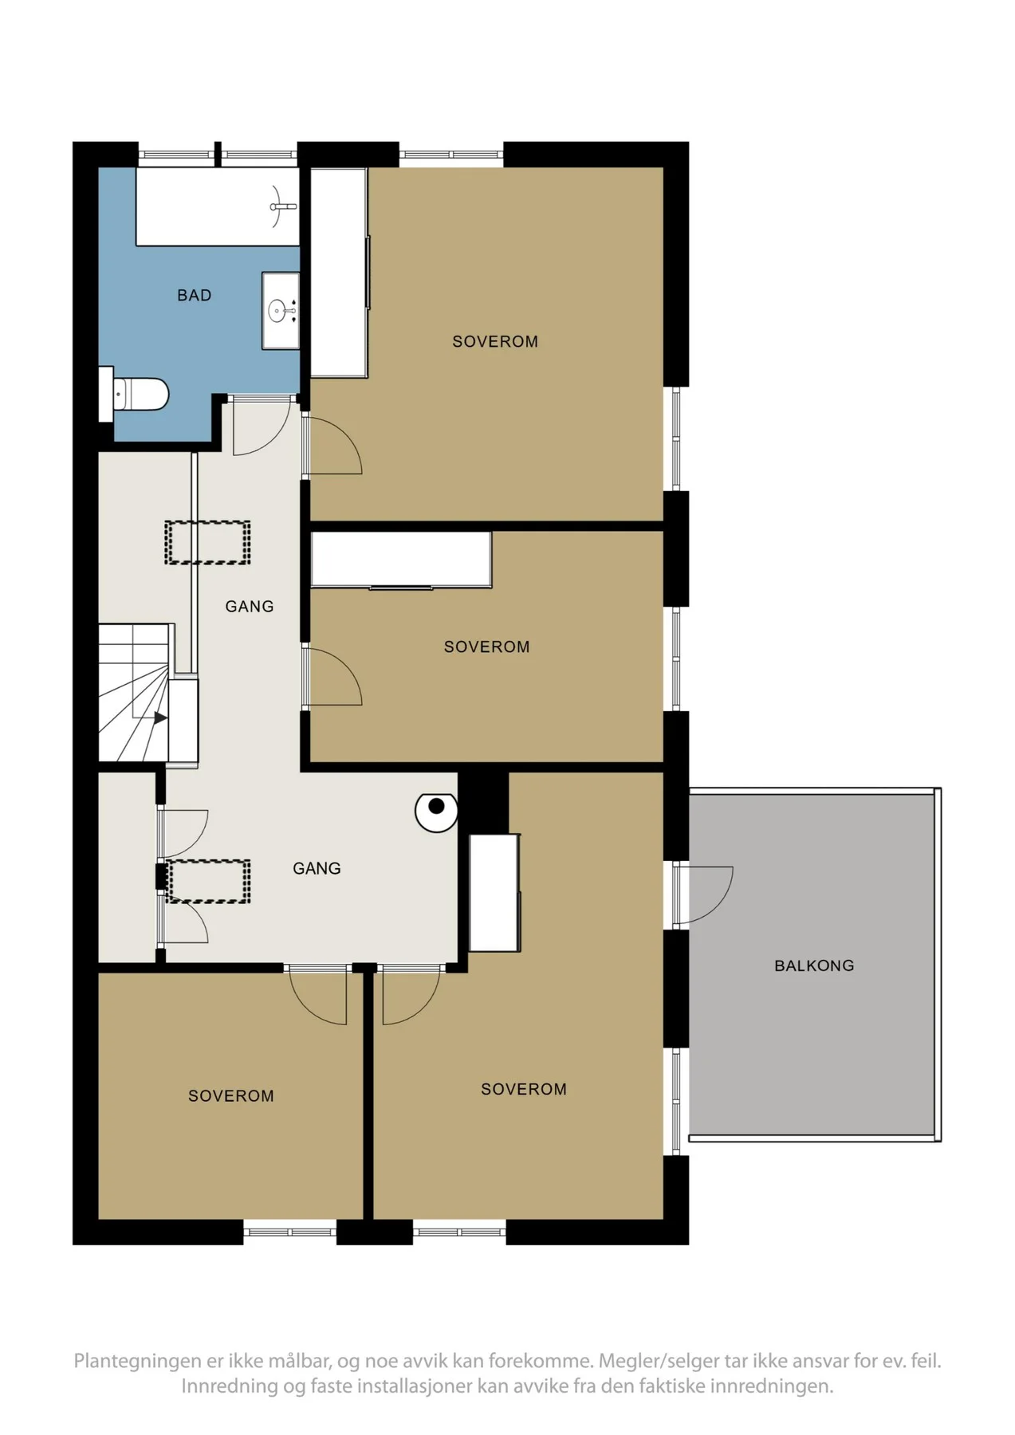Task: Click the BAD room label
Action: [194, 296]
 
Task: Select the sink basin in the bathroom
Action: [279, 310]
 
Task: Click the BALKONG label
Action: [814, 965]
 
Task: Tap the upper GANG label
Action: [250, 607]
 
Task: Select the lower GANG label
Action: [317, 868]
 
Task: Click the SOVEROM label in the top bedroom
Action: [495, 342]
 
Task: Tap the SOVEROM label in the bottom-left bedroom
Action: [231, 1096]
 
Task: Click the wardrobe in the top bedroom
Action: [339, 272]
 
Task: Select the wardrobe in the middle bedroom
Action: [401, 560]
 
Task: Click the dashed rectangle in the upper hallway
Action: [207, 543]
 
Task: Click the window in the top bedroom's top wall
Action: [450, 155]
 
